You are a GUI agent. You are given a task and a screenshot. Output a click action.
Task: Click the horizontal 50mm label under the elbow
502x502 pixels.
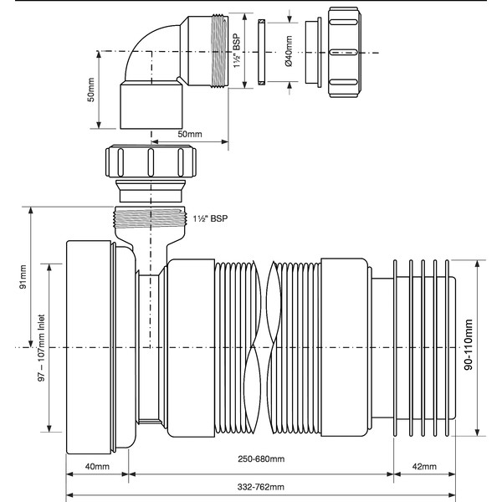(x=190, y=134)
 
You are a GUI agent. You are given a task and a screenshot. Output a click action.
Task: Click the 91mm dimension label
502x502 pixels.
(x=23, y=274)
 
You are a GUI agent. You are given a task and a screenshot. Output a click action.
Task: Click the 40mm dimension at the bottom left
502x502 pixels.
(x=97, y=465)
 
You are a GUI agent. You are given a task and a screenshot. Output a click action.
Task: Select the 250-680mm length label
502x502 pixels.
(x=259, y=459)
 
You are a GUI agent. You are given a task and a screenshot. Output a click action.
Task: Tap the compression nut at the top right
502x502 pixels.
(x=351, y=52)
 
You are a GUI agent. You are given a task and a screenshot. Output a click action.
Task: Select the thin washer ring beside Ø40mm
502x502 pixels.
(x=261, y=52)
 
